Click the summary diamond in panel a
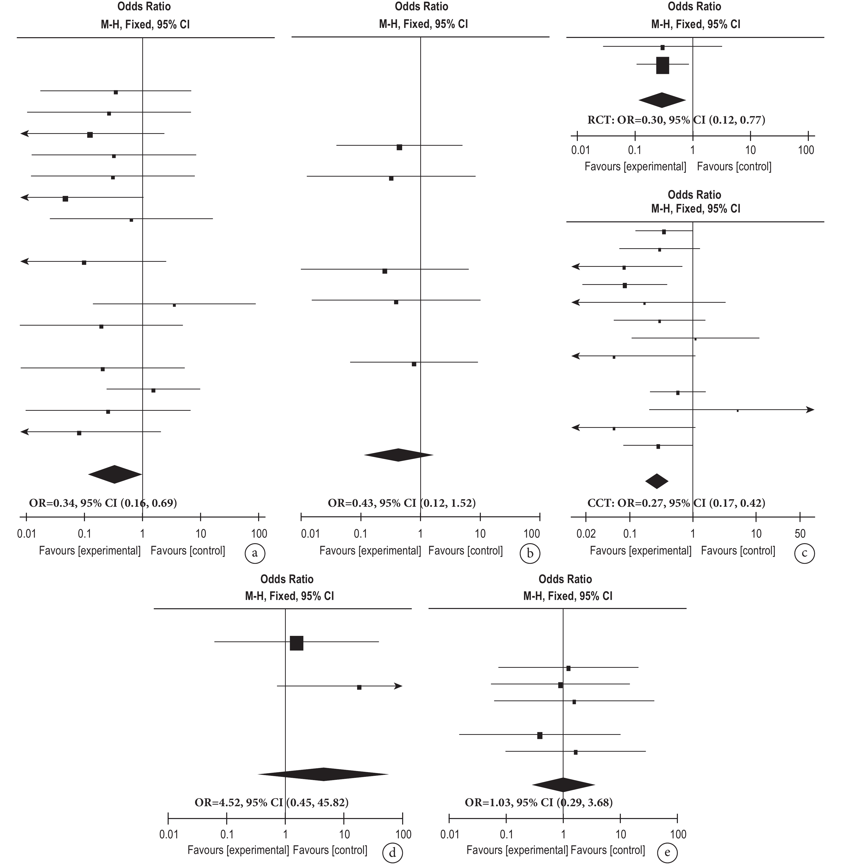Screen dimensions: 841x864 [x=115, y=474]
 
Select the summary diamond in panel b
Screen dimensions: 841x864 [x=398, y=455]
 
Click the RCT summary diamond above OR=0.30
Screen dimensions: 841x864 [x=662, y=100]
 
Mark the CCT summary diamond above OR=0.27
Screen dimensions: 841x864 [x=657, y=481]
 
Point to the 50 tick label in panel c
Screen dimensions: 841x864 [x=800, y=533]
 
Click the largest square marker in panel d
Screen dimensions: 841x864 [x=296, y=643]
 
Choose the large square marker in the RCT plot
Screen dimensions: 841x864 [x=663, y=65]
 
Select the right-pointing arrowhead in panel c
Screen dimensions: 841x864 [x=810, y=410]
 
